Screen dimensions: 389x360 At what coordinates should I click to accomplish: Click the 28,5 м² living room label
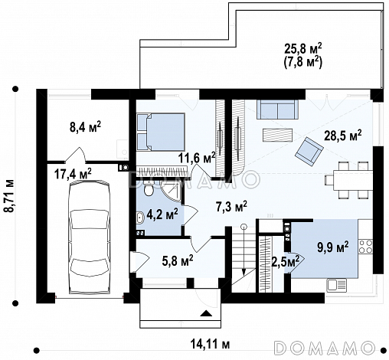coord(342,135)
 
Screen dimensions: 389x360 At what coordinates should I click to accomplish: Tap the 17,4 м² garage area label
coord(73,174)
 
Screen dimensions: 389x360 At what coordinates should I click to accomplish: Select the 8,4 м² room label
coord(85,126)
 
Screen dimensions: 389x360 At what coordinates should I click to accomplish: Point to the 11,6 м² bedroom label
coord(197,158)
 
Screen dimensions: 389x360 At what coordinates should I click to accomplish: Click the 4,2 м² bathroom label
coord(162,214)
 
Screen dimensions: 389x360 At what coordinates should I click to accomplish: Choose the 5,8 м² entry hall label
coord(178,260)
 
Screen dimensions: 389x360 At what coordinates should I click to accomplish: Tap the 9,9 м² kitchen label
coord(333,247)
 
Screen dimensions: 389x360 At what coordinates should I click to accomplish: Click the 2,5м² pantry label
coord(286,261)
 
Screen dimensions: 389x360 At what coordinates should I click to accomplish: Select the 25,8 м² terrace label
coord(302,49)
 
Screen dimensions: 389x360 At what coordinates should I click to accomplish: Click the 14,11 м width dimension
coord(211,344)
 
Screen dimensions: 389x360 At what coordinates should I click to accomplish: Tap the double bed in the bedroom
coord(161,132)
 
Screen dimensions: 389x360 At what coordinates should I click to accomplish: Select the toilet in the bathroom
coord(148,188)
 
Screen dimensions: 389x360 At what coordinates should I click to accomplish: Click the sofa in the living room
coord(277,109)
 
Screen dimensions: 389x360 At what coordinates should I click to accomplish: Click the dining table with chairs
coord(350,180)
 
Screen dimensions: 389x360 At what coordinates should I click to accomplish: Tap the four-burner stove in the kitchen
coord(365,247)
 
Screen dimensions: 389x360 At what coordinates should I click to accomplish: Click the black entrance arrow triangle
coord(206,313)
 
